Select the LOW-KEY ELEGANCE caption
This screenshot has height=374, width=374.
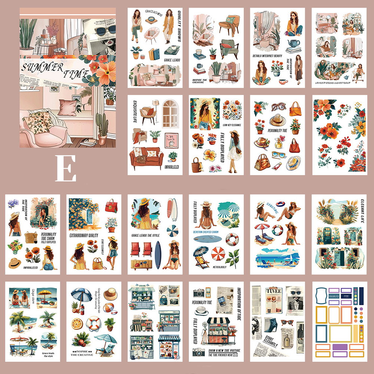point(232,125)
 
